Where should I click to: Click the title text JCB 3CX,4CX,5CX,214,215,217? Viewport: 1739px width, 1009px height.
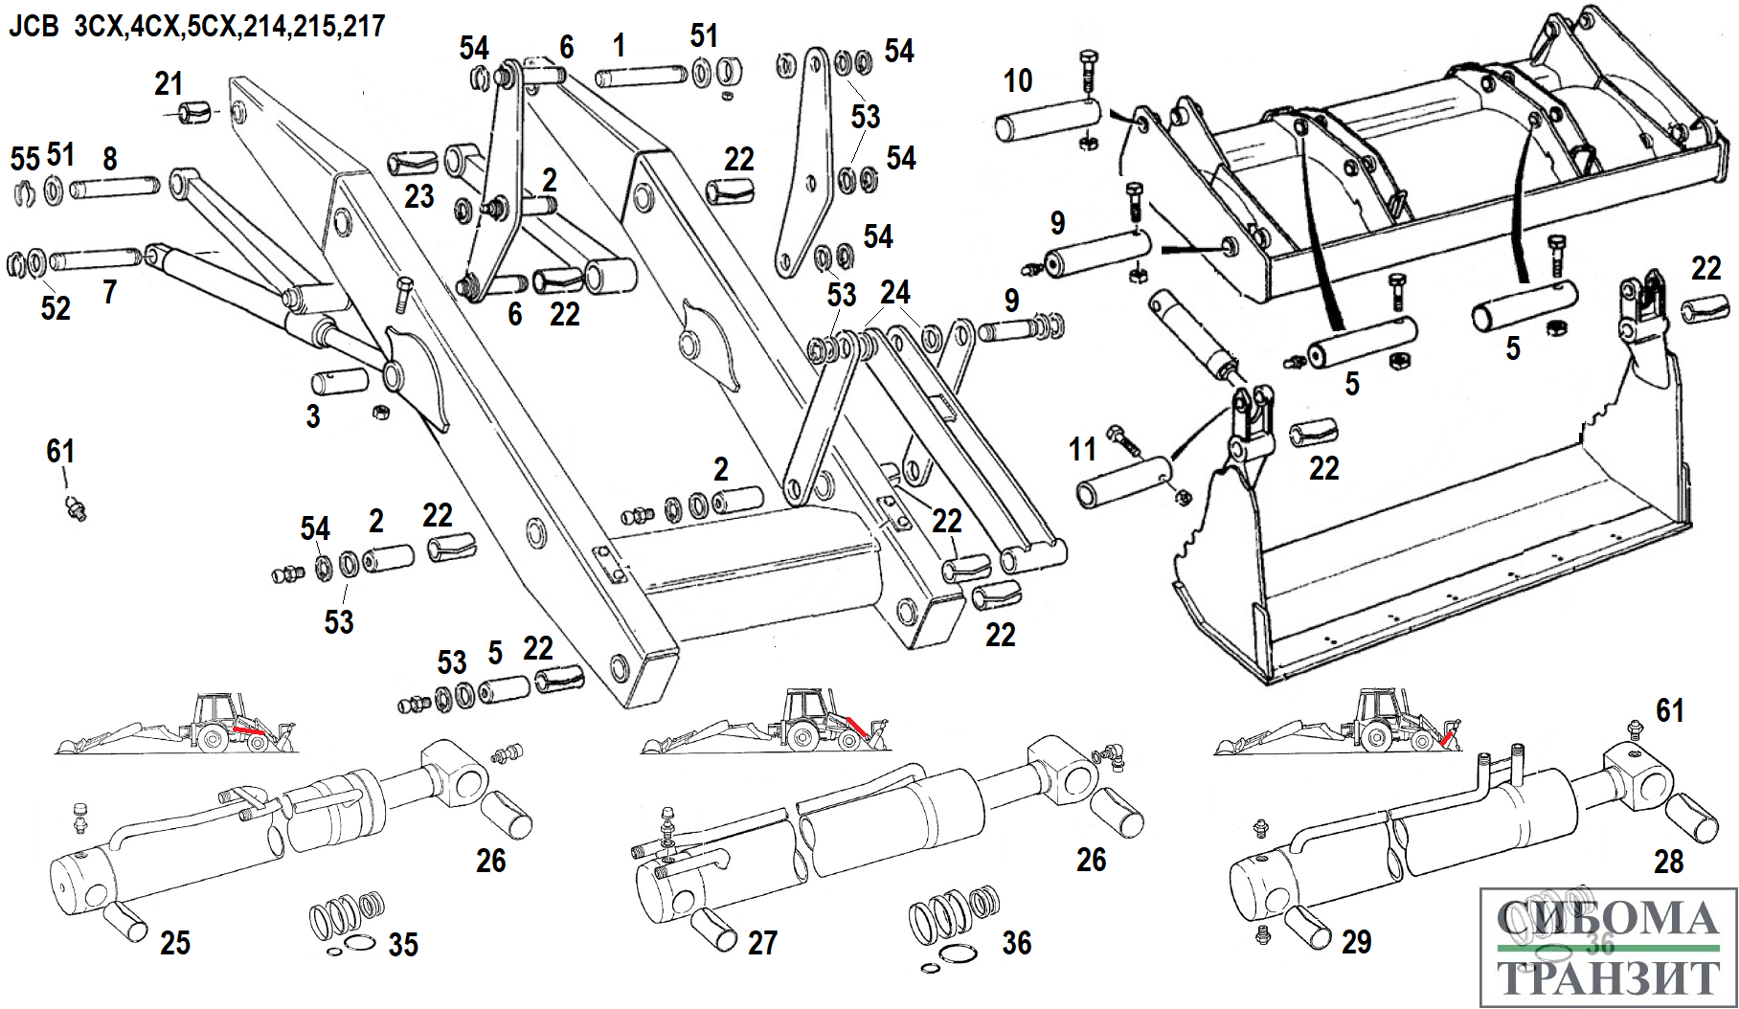[x=196, y=26]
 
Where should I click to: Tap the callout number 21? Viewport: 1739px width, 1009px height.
[x=169, y=84]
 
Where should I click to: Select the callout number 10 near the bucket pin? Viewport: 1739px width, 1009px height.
[x=1018, y=80]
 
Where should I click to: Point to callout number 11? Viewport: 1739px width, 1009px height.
[x=1082, y=449]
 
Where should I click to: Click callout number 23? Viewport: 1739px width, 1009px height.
[x=418, y=196]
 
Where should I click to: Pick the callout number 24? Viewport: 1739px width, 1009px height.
[x=895, y=292]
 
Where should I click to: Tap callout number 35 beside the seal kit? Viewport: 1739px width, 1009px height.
[x=403, y=945]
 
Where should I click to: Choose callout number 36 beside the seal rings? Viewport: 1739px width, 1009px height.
[x=1017, y=943]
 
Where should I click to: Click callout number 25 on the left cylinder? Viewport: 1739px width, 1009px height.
[x=175, y=943]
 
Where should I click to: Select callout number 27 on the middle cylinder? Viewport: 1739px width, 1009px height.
[x=762, y=943]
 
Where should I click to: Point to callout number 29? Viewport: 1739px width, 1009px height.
[x=1356, y=942]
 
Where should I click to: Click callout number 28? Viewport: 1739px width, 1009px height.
[x=1669, y=862]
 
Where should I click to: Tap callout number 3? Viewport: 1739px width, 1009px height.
[x=312, y=416]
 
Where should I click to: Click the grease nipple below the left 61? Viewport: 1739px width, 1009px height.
[x=76, y=507]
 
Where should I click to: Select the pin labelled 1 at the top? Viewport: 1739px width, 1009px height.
[x=641, y=77]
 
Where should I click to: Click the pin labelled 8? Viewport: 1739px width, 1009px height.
[x=115, y=185]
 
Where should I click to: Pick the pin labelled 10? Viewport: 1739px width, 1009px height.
[x=1047, y=120]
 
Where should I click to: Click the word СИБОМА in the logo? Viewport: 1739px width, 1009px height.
[x=1608, y=919]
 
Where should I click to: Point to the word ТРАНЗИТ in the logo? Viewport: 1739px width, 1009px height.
[x=1608, y=978]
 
